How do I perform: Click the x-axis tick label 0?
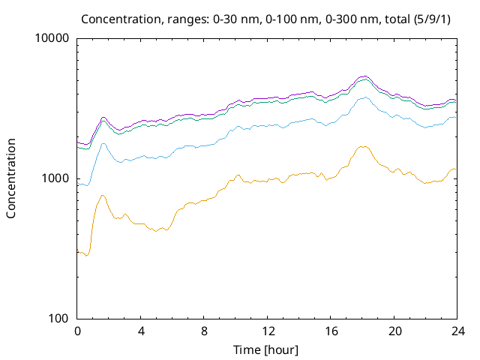coord(77,331)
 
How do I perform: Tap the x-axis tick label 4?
coord(140,331)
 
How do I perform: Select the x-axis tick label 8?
coord(204,331)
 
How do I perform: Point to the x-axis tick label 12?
coord(267,331)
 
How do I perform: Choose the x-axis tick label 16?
coord(331,331)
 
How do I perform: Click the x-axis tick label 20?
coord(394,331)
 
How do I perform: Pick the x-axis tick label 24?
coord(457,331)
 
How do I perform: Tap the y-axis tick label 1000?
coord(57,178)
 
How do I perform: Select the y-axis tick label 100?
coord(60,319)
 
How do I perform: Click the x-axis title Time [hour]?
coord(267,349)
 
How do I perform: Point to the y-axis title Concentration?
coord(11,178)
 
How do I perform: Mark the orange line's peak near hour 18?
coord(363,146)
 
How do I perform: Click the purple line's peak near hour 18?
coord(364,76)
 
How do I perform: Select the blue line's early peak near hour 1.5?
coord(103,143)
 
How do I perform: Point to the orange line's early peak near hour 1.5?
coord(103,195)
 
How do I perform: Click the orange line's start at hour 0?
coord(78,252)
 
